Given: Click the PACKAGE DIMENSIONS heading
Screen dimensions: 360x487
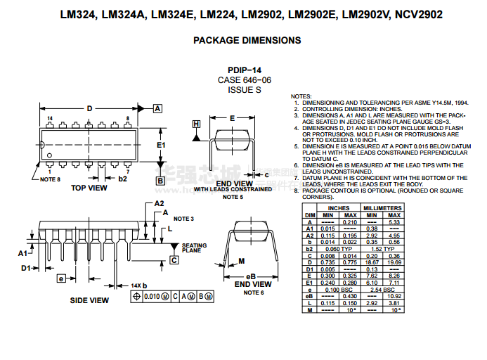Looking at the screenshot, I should click(x=247, y=41).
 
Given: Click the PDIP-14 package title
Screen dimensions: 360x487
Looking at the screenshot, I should click(x=244, y=70).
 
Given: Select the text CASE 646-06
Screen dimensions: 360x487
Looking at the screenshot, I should click(x=244, y=80).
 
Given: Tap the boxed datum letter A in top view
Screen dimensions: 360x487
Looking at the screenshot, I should click(x=158, y=108).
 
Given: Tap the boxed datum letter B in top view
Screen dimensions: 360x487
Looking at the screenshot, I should click(x=160, y=181).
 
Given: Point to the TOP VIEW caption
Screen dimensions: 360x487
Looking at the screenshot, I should click(x=89, y=188).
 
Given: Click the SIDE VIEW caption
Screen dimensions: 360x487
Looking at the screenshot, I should click(x=89, y=300).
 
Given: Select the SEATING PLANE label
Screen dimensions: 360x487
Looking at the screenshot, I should click(x=194, y=247).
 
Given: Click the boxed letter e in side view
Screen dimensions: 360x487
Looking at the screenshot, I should click(x=61, y=278).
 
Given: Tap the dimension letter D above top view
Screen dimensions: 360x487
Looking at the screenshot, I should click(x=89, y=108).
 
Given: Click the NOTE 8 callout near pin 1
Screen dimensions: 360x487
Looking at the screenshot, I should click(x=50, y=179).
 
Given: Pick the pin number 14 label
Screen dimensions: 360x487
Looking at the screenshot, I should click(x=50, y=118).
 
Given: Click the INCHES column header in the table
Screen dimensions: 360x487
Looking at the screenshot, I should click(x=338, y=208).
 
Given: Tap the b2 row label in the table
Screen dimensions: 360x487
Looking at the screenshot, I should click(x=309, y=248).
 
